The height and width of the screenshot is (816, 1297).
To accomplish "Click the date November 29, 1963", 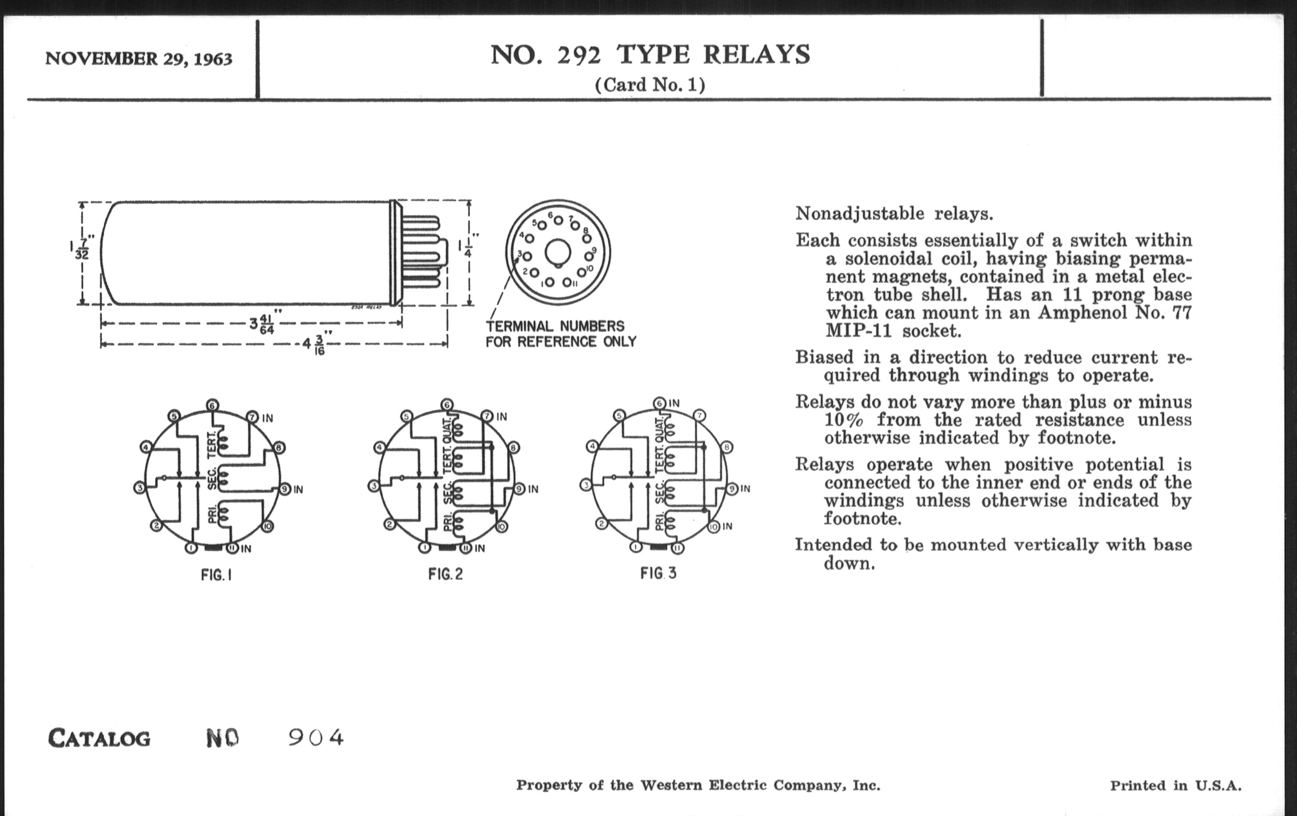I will pos(139,58).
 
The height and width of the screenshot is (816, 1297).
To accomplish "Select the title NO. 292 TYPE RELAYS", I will pos(650,55).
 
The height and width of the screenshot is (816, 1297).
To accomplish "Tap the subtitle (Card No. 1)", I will pos(650,85).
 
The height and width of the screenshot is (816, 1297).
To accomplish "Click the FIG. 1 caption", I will pos(216,575).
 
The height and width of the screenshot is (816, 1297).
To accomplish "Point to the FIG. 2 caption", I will pos(445,574).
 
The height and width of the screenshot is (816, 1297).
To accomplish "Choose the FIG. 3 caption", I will pos(658,573).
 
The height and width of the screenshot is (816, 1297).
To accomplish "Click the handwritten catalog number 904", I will pos(316,738).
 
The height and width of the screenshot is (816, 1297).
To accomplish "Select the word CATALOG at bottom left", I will pos(99,739).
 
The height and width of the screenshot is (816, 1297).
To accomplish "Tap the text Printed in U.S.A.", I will pos(1175,786).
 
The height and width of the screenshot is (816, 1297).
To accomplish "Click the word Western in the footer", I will pos(670,785).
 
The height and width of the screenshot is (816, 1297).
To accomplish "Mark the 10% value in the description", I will pos(844,420).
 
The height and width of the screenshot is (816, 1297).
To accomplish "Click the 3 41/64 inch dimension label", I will pos(262,324).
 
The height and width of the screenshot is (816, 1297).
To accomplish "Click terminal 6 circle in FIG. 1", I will pos(212,405).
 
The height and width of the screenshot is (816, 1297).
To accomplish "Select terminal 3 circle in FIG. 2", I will pos(374,486).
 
